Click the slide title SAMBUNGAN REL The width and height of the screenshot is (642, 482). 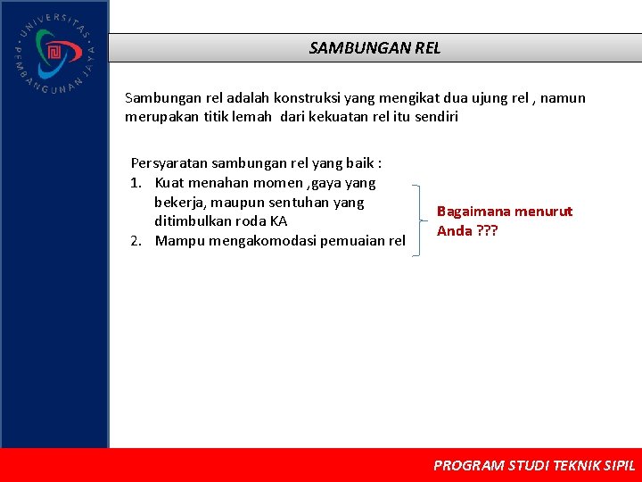click(374, 48)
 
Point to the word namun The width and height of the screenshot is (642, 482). click(562, 97)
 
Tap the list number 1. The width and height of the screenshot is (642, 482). click(136, 183)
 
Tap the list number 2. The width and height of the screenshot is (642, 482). click(136, 240)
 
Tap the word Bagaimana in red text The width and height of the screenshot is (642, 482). click(473, 212)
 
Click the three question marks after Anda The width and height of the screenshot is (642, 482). click(487, 231)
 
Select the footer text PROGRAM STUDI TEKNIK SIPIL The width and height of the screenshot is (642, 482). click(533, 465)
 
